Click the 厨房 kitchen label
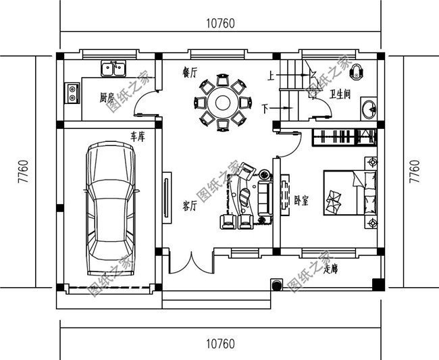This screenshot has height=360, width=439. (x=107, y=97)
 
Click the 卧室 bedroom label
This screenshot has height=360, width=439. (x=301, y=201)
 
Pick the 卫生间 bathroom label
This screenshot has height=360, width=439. (x=340, y=95)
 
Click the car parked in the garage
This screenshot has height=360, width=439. (x=111, y=209)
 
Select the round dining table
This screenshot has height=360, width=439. (x=220, y=103)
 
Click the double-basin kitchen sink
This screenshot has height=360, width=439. (x=113, y=68)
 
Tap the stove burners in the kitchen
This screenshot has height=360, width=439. (x=72, y=93)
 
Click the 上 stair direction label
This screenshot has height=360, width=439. (x=270, y=76)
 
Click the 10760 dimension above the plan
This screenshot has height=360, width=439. (x=219, y=24)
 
